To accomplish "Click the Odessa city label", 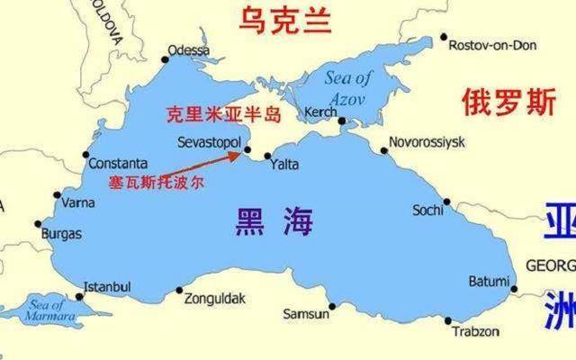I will tap(188, 50).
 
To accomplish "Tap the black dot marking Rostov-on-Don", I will tap(444, 38).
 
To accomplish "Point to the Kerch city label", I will tap(320, 111).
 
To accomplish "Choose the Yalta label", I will tap(285, 165).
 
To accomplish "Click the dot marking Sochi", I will tap(445, 202).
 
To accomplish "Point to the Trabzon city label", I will tap(475, 331).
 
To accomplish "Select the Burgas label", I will tap(61, 234).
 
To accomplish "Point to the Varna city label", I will tap(78, 202).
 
